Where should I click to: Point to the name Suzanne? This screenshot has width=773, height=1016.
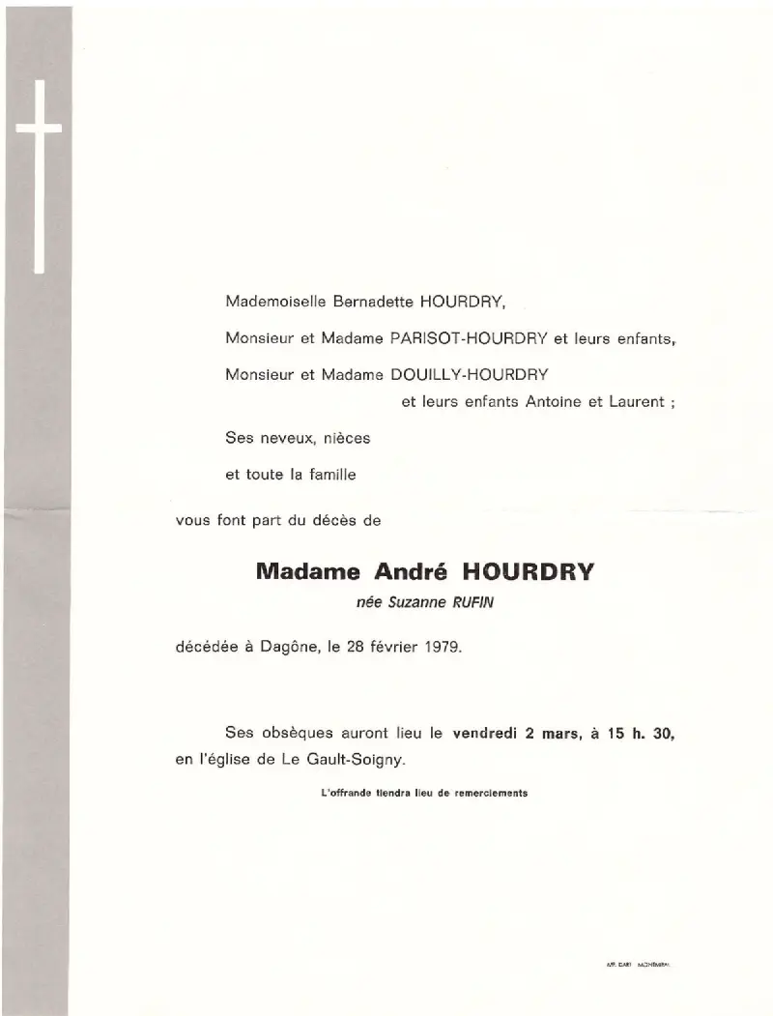point(415,604)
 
